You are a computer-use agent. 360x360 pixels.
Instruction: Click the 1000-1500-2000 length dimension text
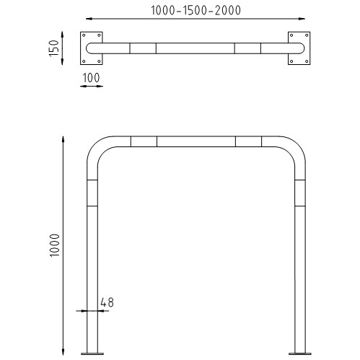[x=196, y=10]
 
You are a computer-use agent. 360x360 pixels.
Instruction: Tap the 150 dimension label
[x=54, y=48]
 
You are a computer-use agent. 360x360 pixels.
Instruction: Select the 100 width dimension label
[x=91, y=78]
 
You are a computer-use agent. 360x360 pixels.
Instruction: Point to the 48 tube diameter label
[x=107, y=302]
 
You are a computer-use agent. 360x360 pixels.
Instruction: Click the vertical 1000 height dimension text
[x=55, y=245]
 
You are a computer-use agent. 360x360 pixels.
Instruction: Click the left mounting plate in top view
[x=92, y=48]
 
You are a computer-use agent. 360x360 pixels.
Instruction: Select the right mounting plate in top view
[x=299, y=48]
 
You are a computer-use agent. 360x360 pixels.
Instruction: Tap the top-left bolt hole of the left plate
[x=84, y=35]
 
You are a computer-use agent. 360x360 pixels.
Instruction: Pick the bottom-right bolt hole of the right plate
[x=307, y=61]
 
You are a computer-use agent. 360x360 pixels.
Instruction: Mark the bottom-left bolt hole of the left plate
[x=84, y=61]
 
